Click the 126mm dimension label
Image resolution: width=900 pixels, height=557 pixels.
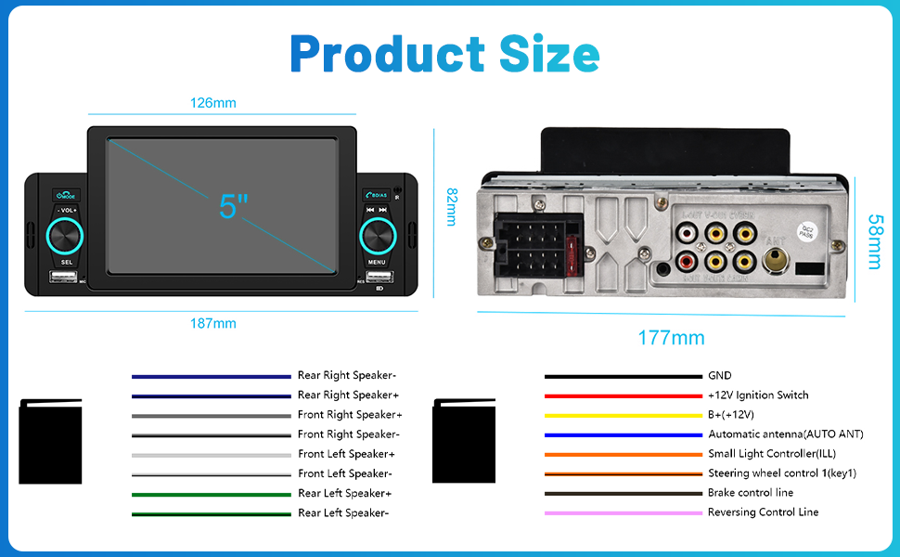(212, 103)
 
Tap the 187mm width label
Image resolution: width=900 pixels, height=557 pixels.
(212, 324)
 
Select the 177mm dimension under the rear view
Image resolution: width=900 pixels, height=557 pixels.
(671, 338)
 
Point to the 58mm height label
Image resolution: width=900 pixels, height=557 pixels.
(874, 242)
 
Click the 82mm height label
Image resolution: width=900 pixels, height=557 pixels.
(452, 207)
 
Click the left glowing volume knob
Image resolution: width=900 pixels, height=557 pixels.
(67, 236)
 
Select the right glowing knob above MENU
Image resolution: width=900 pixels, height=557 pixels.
(377, 236)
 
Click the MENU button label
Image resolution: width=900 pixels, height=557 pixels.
(377, 262)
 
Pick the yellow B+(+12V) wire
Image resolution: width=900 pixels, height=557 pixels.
(623, 415)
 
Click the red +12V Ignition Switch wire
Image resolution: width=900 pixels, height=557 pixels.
(623, 395)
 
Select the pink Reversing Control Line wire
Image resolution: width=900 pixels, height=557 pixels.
(623, 512)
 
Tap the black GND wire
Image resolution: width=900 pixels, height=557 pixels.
(623, 376)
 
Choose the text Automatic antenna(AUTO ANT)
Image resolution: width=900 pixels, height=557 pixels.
(785, 434)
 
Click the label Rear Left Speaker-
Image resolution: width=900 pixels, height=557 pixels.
(343, 512)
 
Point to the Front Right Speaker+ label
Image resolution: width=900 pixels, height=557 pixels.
(350, 415)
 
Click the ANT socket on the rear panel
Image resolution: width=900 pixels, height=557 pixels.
(775, 261)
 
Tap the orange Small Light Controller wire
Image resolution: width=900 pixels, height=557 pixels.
(623, 454)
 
